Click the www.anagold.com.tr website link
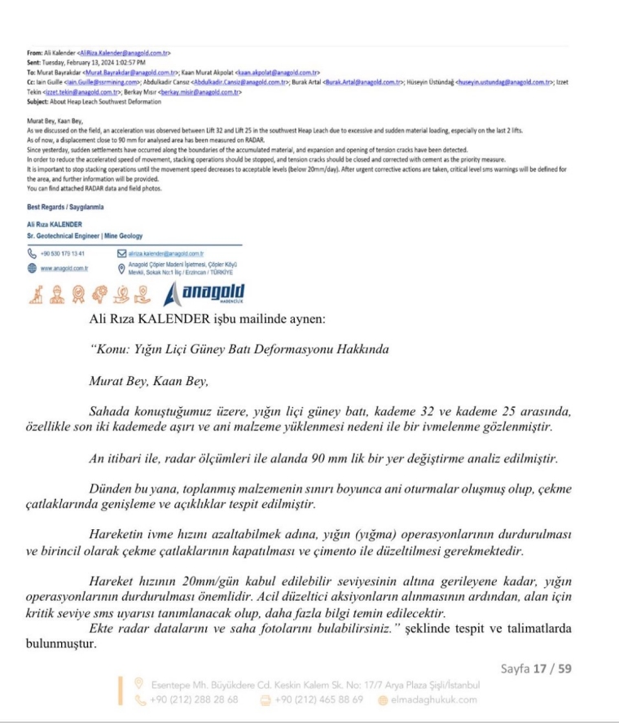click(x=64, y=267)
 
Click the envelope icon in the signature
click(x=121, y=253)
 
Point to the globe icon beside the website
click(x=32, y=267)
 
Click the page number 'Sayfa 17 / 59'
click(x=537, y=668)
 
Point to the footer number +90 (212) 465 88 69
click(x=319, y=699)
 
